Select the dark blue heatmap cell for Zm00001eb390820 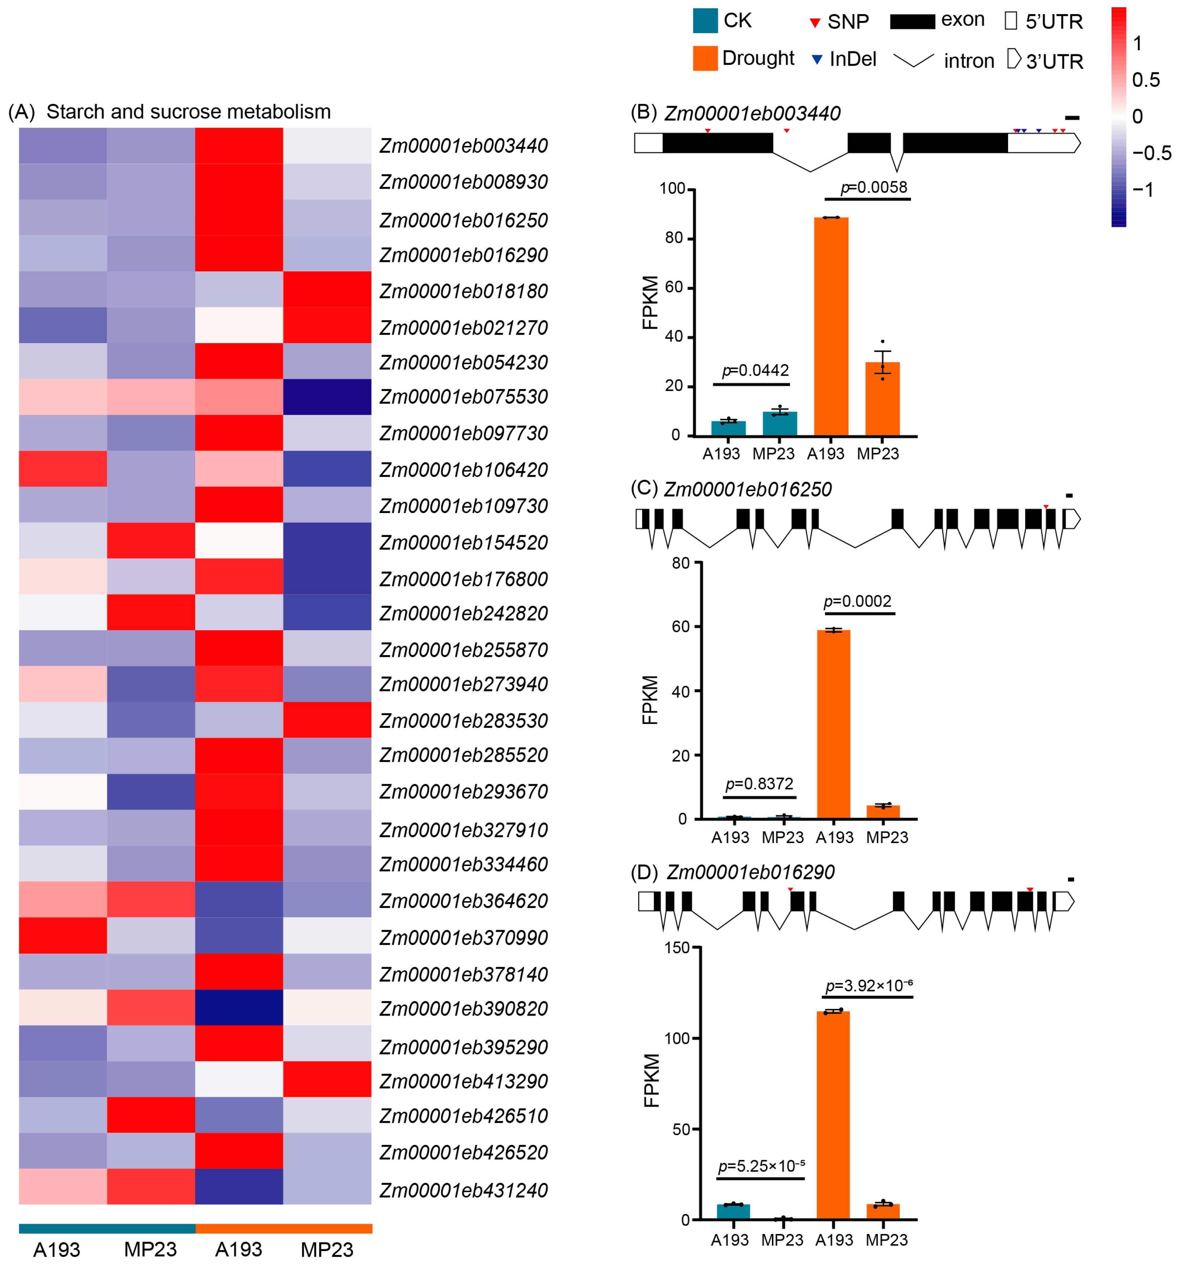pyautogui.click(x=239, y=1007)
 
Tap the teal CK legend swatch pyautogui.click(x=705, y=21)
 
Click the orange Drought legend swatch pyautogui.click(x=705, y=59)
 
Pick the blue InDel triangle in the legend pyautogui.click(x=816, y=60)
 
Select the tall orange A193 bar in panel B pyautogui.click(x=831, y=326)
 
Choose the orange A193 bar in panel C pyautogui.click(x=833, y=724)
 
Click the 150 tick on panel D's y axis pyautogui.click(x=677, y=948)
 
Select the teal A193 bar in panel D pyautogui.click(x=733, y=1211)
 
